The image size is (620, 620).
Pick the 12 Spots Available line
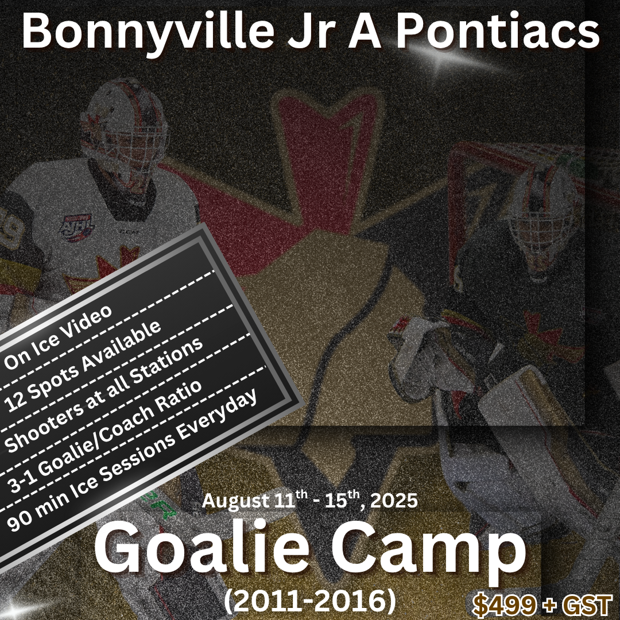(83, 365)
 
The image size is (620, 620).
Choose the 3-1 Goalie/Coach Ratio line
(104, 436)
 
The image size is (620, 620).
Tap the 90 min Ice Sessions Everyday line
(132, 459)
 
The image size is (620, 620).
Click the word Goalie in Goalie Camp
(198, 550)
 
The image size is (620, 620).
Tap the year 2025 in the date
(393, 501)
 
